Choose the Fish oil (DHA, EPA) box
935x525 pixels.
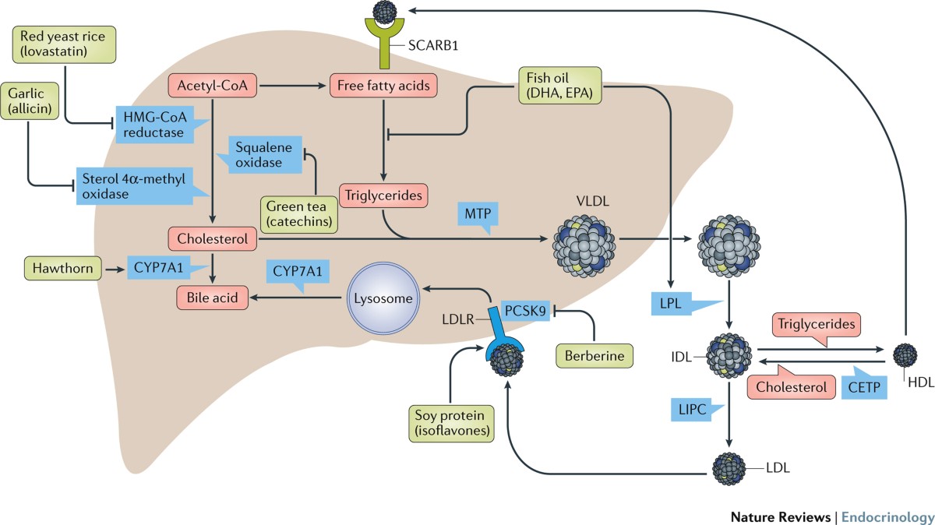561,86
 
